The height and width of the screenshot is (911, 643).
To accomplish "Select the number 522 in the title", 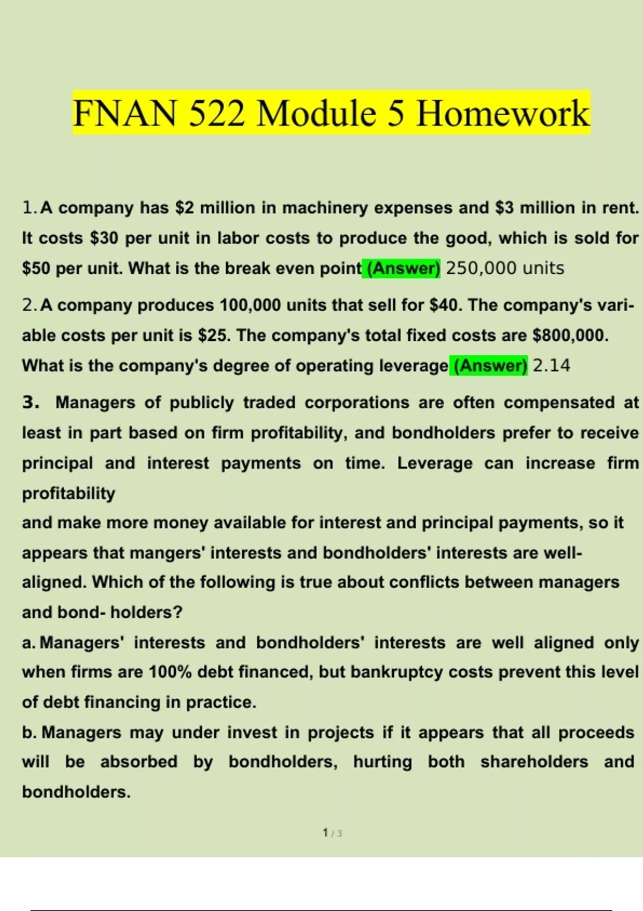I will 216,114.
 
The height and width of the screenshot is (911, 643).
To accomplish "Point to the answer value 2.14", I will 551,365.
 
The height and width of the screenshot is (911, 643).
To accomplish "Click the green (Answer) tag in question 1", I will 401,268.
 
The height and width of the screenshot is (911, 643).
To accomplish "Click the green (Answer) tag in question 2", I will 489,365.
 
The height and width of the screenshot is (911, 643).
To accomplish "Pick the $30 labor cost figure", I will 104,238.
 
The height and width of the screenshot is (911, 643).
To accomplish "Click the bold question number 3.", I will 31,402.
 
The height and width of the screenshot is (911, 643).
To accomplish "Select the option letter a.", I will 28,643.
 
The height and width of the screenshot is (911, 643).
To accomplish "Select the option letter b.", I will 28,732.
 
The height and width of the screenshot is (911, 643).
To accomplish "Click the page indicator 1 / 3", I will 332,833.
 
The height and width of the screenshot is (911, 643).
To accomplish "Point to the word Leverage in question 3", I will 435,463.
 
